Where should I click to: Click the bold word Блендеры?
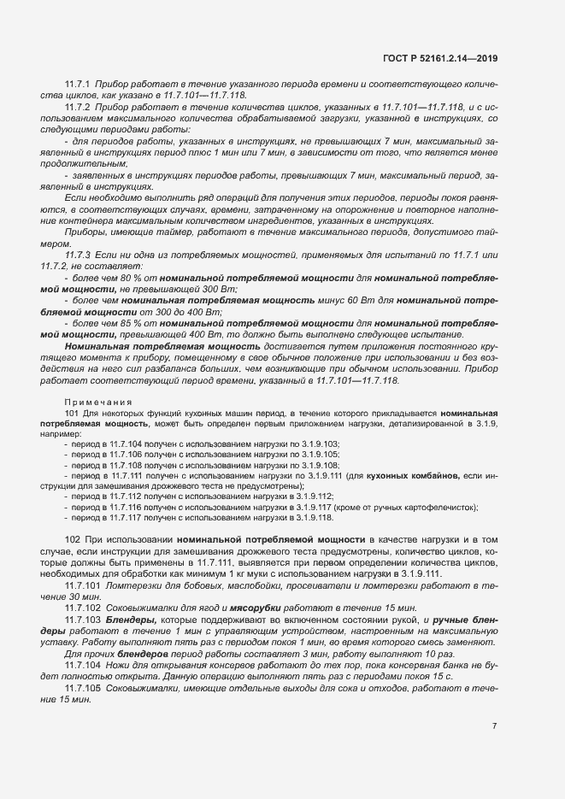132,618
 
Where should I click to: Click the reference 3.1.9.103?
319,444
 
